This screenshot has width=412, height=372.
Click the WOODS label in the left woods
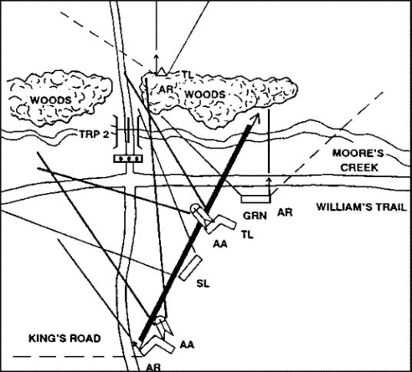[51, 100]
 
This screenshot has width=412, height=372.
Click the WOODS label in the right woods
[205, 94]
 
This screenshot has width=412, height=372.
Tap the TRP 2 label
[94, 135]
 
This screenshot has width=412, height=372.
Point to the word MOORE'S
[358, 153]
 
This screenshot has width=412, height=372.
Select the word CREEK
[359, 168]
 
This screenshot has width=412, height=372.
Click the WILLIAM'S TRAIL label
[362, 207]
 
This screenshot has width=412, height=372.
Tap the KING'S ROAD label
[64, 338]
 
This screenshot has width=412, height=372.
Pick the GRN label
[255, 216]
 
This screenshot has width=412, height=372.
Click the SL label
[203, 283]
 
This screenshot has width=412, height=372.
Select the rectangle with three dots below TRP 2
[128, 158]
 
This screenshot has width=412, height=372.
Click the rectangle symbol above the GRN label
[255, 199]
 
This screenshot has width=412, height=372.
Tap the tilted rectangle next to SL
[191, 268]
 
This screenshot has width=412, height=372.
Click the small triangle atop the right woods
[161, 72]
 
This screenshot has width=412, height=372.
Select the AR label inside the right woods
[166, 90]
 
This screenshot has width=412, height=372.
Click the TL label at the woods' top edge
[188, 74]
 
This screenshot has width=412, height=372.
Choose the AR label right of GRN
[285, 212]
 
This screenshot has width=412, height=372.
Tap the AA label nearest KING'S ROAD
[187, 344]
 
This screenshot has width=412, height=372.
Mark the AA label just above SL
[220, 244]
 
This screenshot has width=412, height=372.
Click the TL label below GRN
[248, 235]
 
